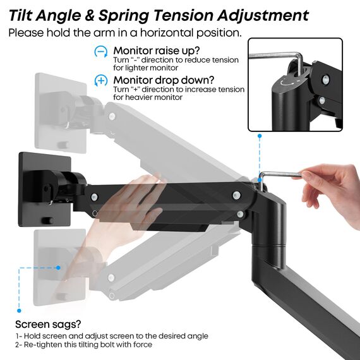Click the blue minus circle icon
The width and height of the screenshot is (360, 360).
(x=100, y=52)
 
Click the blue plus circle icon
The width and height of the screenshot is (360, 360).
(x=100, y=80)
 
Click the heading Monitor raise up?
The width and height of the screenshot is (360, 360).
(x=157, y=51)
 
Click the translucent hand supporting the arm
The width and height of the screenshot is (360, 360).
(x=120, y=215)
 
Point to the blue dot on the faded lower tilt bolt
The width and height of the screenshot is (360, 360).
(x=58, y=267)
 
